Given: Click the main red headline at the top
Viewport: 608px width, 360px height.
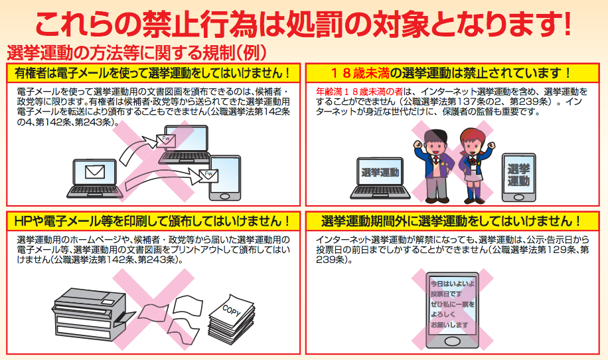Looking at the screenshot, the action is (303, 25).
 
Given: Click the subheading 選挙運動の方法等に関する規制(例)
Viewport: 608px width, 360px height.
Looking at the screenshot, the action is (137, 52).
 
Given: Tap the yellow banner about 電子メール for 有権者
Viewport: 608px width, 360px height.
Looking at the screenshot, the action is (153, 73).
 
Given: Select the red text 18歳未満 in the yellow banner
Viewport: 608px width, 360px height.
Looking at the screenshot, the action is (360, 73).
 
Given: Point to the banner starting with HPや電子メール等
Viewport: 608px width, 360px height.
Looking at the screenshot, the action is (153, 221).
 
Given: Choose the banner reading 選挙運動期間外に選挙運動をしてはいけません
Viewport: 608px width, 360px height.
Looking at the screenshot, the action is (452, 221).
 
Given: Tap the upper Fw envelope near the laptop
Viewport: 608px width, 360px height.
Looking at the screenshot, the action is (166, 139).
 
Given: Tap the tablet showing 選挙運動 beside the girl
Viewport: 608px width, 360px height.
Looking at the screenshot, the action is (519, 177).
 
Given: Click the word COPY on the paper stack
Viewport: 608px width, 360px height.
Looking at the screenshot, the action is (232, 310).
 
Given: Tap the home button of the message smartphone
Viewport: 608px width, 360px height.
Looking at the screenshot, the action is (453, 341).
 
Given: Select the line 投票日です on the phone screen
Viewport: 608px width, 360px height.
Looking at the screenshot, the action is (446, 294).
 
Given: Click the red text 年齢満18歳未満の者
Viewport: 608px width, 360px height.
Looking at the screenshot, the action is (360, 92).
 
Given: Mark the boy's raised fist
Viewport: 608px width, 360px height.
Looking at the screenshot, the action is (418, 144).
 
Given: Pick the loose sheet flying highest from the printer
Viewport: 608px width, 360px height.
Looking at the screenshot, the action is (188, 305).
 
